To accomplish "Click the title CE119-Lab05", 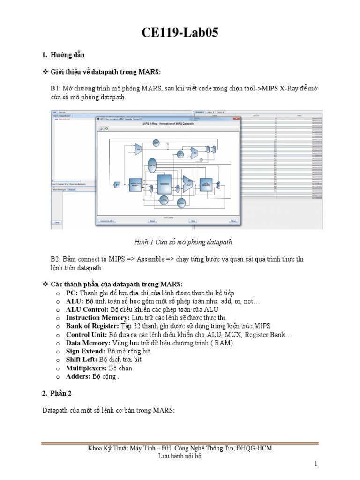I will (x=180, y=33).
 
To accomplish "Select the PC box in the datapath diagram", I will (x=118, y=185).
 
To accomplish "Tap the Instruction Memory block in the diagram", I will (x=135, y=185).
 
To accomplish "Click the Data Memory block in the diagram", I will (x=205, y=184).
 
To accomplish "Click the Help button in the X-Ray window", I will (x=192, y=220).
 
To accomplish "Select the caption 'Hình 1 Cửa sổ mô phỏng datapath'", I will (x=180, y=242).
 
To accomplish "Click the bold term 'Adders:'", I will (x=78, y=376).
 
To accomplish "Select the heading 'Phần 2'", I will (x=64, y=393).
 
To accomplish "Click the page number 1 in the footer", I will (x=316, y=464).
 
